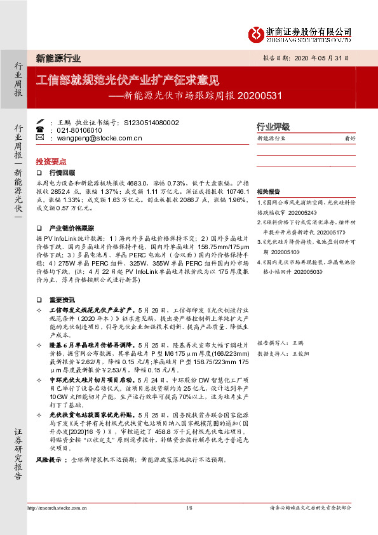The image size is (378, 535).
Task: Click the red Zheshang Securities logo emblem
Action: pos(255,33)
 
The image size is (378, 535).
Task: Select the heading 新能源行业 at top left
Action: pos(58,58)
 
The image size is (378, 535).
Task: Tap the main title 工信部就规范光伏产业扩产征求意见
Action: pos(127,81)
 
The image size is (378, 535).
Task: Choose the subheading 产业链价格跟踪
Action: pos(72,227)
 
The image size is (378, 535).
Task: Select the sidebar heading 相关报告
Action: pos(269,191)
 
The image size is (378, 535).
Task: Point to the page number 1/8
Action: pos(189,508)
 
